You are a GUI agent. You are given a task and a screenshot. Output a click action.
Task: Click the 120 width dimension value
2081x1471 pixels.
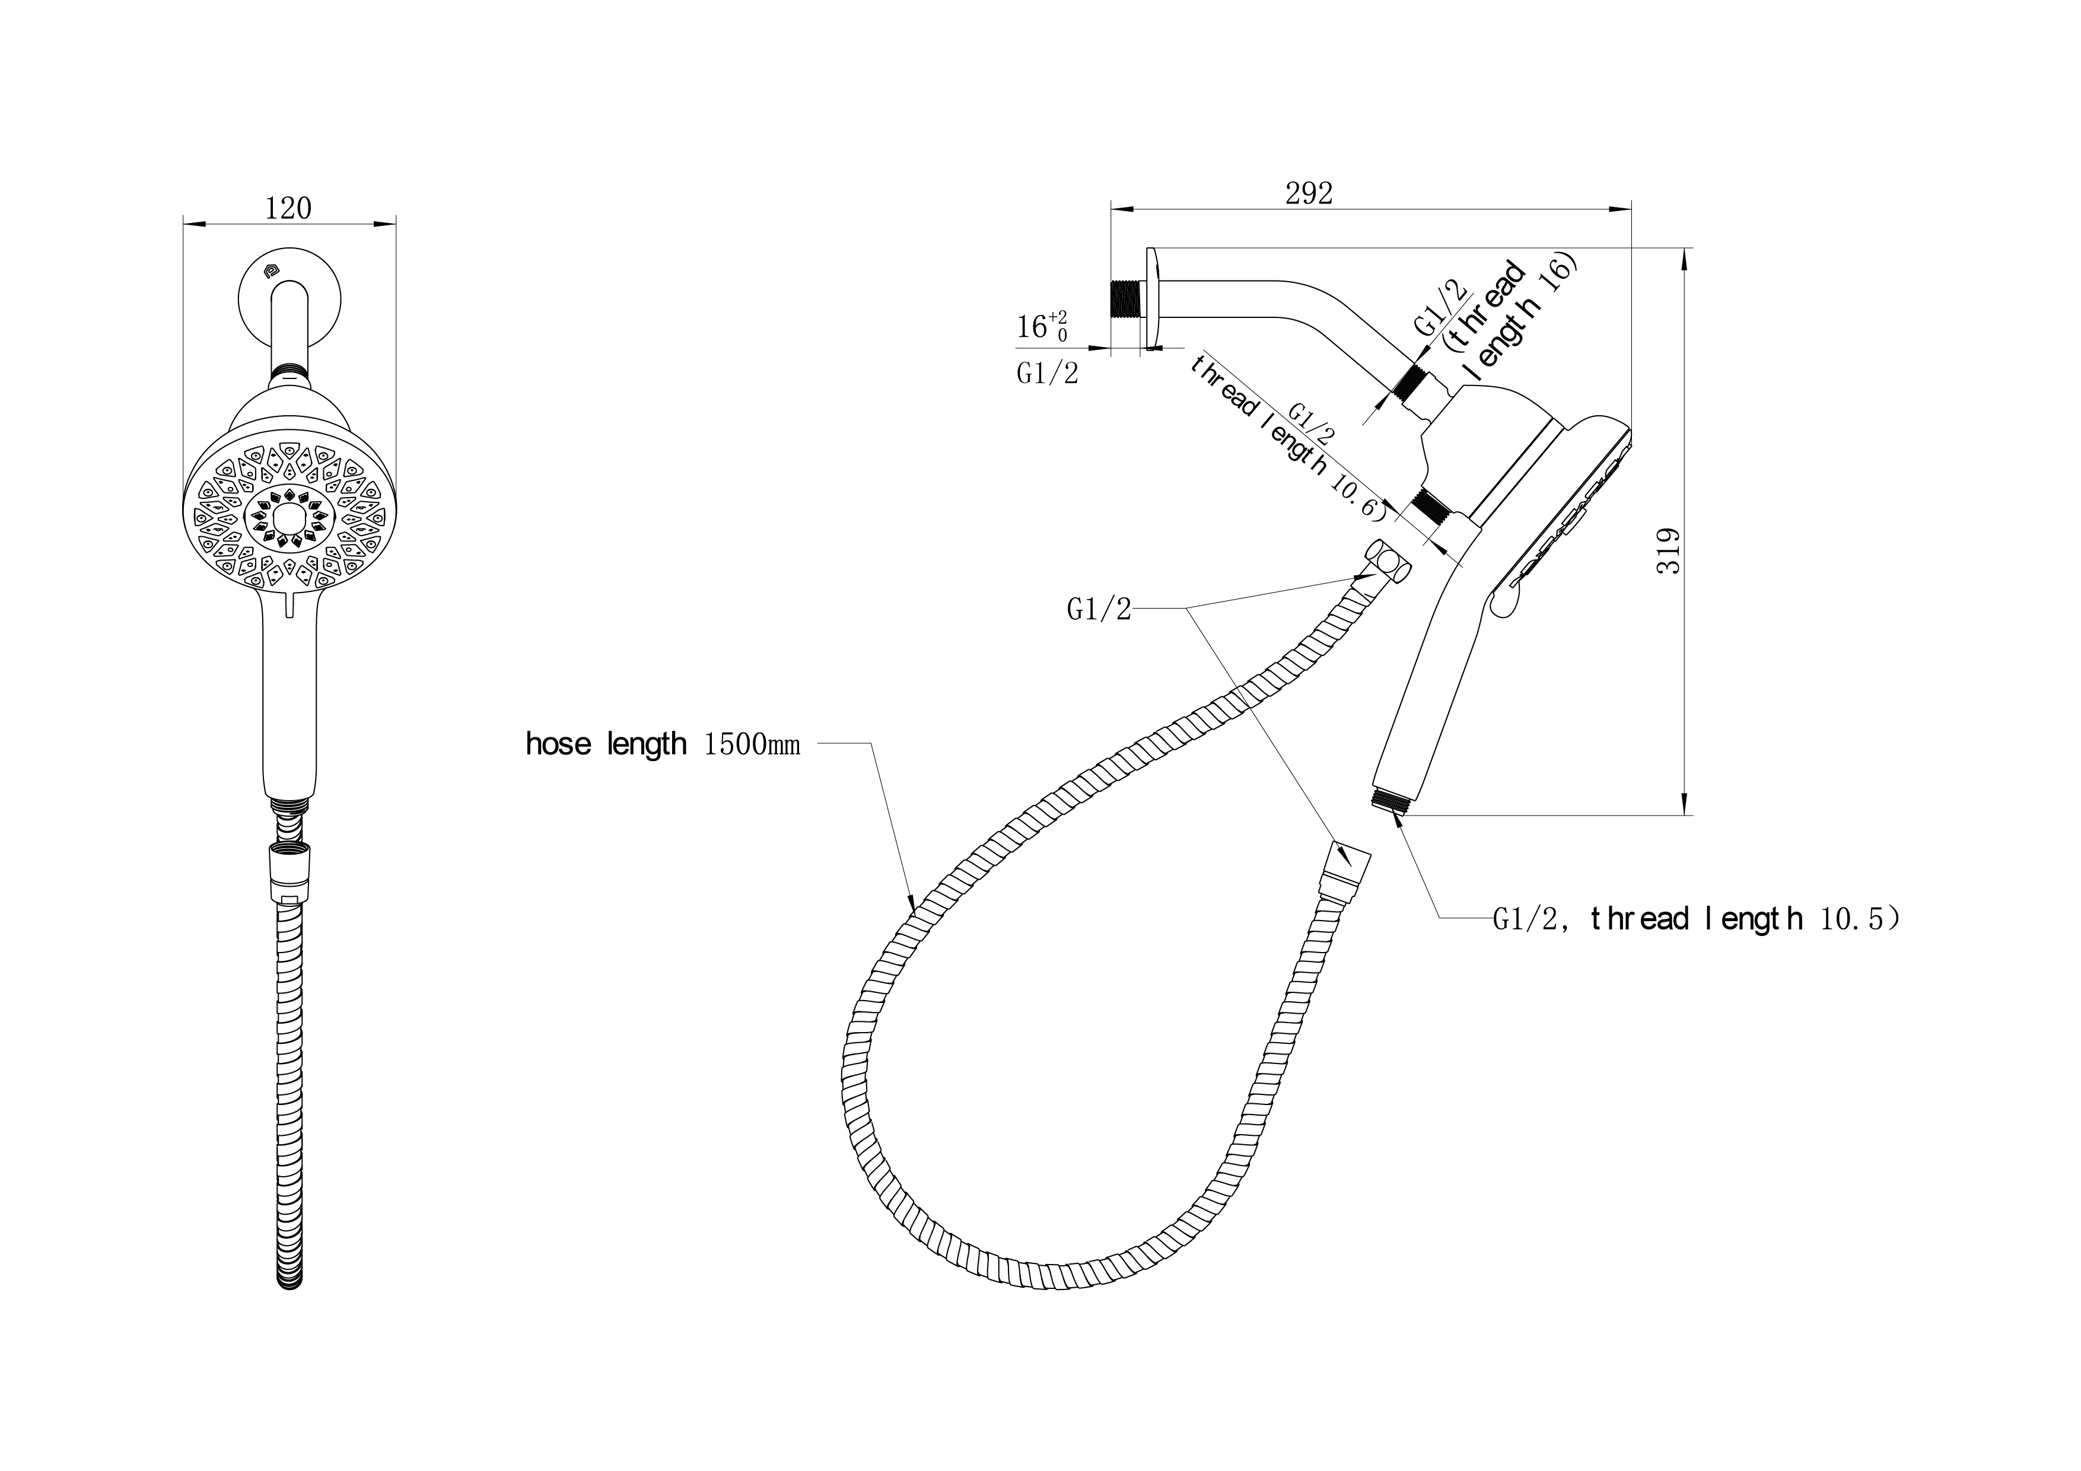pyautogui.click(x=288, y=208)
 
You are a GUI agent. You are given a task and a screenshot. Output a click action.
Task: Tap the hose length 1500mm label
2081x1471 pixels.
pyautogui.click(x=663, y=745)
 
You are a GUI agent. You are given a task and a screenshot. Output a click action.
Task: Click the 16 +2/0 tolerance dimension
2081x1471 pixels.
pyautogui.click(x=1042, y=326)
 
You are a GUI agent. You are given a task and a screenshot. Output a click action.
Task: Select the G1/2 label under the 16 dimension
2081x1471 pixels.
pyautogui.click(x=1048, y=374)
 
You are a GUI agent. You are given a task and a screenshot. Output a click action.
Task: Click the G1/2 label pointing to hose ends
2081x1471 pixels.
pyautogui.click(x=1099, y=610)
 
